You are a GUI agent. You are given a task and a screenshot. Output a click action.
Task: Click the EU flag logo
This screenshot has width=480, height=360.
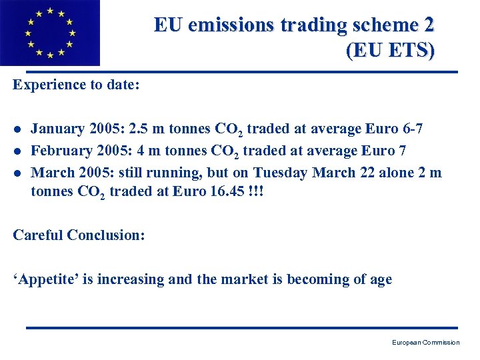tap(49, 33)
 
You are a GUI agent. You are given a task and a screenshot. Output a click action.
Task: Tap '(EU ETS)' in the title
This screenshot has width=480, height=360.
tap(390, 51)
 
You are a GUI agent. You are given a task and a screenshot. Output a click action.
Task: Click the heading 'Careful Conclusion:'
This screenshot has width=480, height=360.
tap(79, 235)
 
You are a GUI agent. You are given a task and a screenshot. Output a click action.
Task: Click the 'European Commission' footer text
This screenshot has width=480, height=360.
tap(425, 343)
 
